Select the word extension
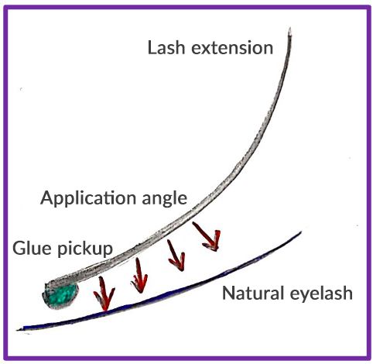[231, 48]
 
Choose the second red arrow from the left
[139, 274]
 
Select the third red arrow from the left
[175, 256]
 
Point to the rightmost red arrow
[207, 236]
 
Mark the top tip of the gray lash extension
[289, 30]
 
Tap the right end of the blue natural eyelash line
[301, 232]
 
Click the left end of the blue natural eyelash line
[25, 328]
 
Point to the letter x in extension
[199, 48]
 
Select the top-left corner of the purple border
[4, 4]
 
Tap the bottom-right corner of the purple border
[369, 359]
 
